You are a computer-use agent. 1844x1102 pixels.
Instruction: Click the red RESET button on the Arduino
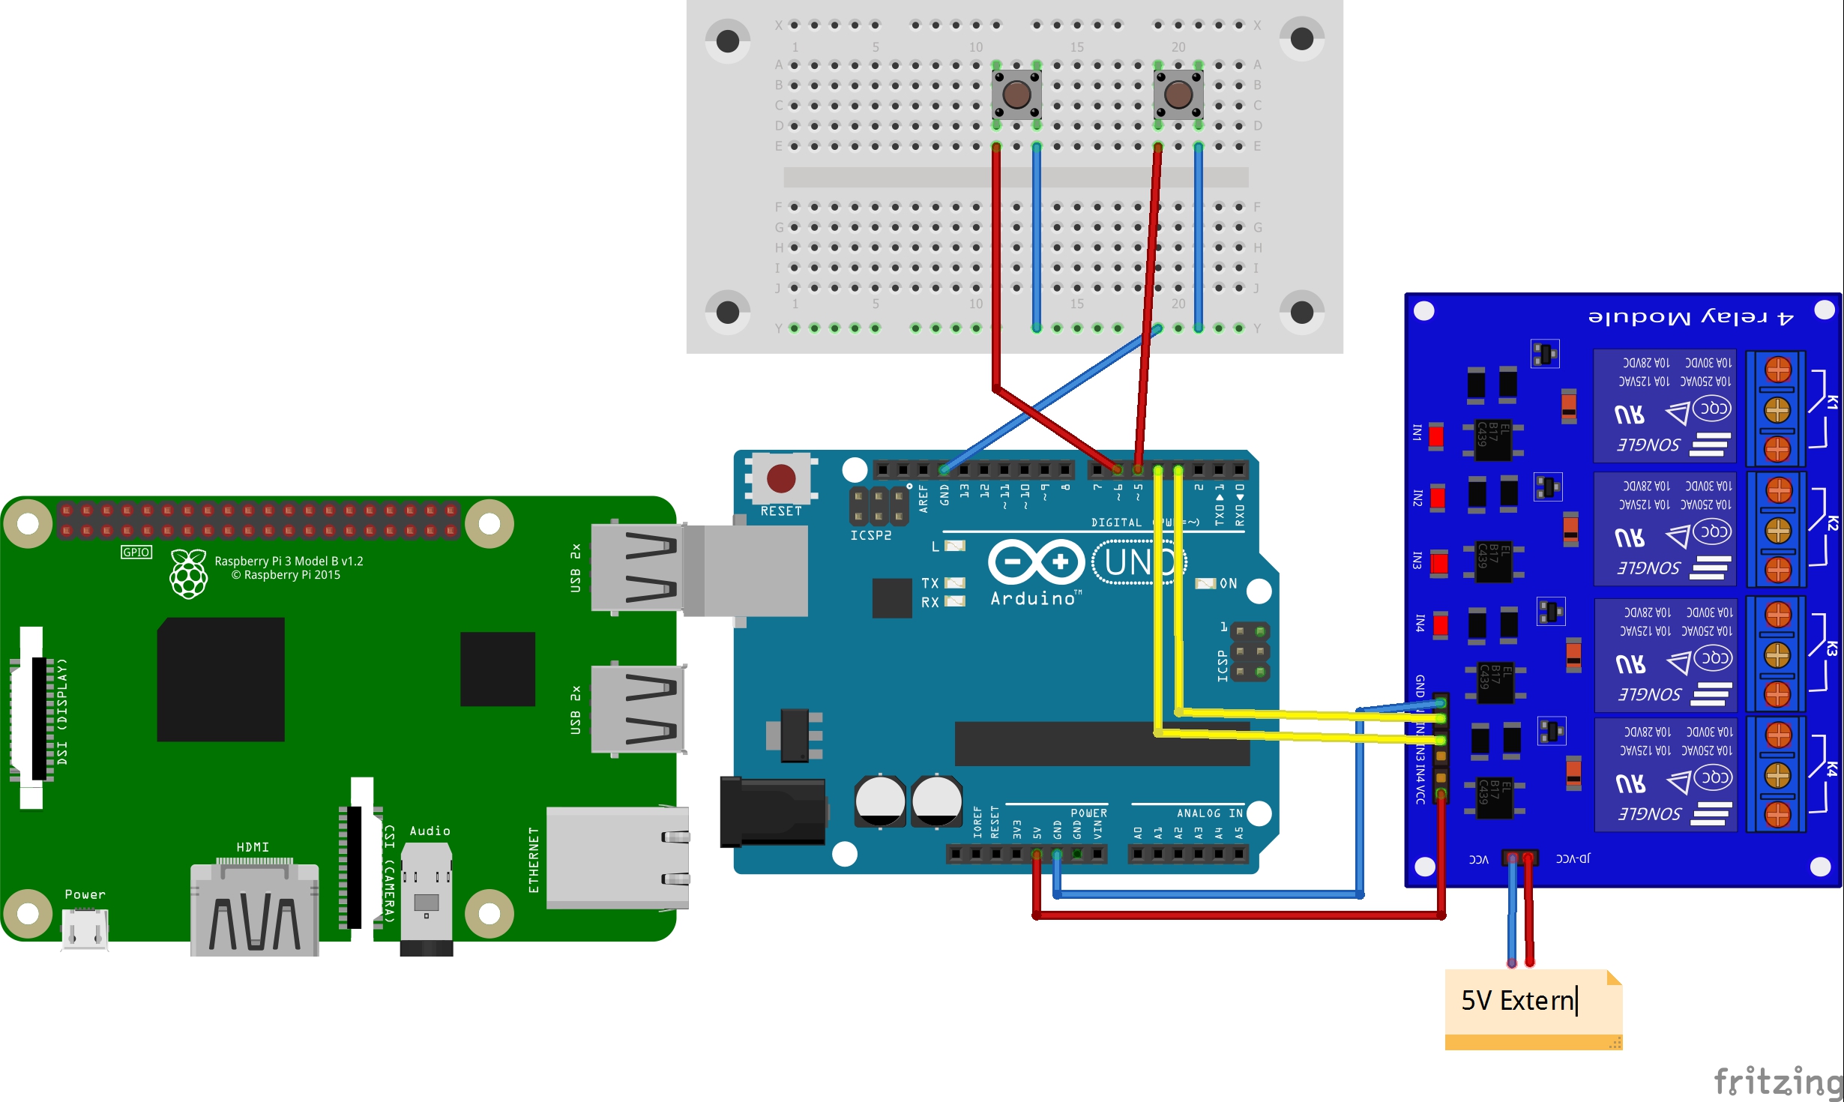tap(780, 478)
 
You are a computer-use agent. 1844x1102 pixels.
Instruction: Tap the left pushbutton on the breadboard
tap(1016, 94)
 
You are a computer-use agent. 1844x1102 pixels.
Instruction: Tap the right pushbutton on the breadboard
tap(1178, 94)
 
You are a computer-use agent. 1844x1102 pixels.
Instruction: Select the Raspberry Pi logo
tap(188, 574)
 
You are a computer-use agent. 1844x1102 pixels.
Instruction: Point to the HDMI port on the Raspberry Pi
tap(255, 911)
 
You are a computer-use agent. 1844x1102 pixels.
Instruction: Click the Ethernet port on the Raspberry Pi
tap(617, 858)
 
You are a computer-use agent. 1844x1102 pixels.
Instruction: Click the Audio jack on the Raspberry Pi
tap(427, 892)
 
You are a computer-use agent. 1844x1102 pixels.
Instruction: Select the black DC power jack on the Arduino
tap(773, 812)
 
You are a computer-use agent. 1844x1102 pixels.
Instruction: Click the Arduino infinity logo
tap(1036, 562)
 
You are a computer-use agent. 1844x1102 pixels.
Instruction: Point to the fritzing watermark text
tap(1777, 1082)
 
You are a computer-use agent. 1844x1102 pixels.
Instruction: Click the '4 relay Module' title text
tap(1690, 317)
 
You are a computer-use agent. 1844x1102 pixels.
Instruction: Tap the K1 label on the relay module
tap(1831, 402)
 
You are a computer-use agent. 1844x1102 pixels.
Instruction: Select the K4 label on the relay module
tap(1831, 768)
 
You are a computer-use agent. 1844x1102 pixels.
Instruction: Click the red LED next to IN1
tap(1435, 436)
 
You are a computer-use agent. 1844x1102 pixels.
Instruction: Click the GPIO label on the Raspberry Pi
tap(136, 552)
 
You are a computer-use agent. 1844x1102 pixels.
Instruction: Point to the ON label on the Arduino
tap(1228, 583)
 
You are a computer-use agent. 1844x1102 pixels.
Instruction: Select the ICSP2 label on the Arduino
tap(870, 535)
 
